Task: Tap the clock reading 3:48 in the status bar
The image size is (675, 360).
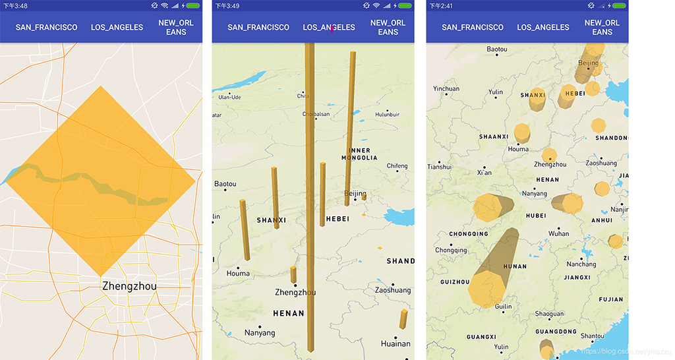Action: pyautogui.click(x=16, y=6)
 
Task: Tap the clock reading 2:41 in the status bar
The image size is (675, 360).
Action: pyautogui.click(x=441, y=6)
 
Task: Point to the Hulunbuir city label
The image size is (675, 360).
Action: pyautogui.click(x=387, y=114)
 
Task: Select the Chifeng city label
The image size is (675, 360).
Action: pyautogui.click(x=397, y=166)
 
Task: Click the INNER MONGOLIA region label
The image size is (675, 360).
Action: pyautogui.click(x=359, y=154)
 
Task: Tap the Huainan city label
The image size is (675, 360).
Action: pyautogui.click(x=396, y=344)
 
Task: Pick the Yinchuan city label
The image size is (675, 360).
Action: pyautogui.click(x=446, y=88)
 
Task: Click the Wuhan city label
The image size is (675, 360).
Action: pyautogui.click(x=558, y=233)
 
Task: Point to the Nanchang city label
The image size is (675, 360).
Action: pyautogui.click(x=581, y=264)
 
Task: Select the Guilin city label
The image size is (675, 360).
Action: pyautogui.click(x=503, y=307)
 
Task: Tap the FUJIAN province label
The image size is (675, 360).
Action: pyautogui.click(x=611, y=299)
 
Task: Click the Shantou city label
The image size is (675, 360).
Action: pyautogui.click(x=592, y=336)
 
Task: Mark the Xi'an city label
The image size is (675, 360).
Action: pyautogui.click(x=484, y=173)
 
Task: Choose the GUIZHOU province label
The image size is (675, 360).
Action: pyautogui.click(x=455, y=282)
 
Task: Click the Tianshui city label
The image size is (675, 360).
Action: pyautogui.click(x=439, y=167)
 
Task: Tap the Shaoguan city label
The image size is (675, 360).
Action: pyautogui.click(x=549, y=314)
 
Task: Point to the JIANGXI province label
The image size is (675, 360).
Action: pyautogui.click(x=577, y=278)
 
